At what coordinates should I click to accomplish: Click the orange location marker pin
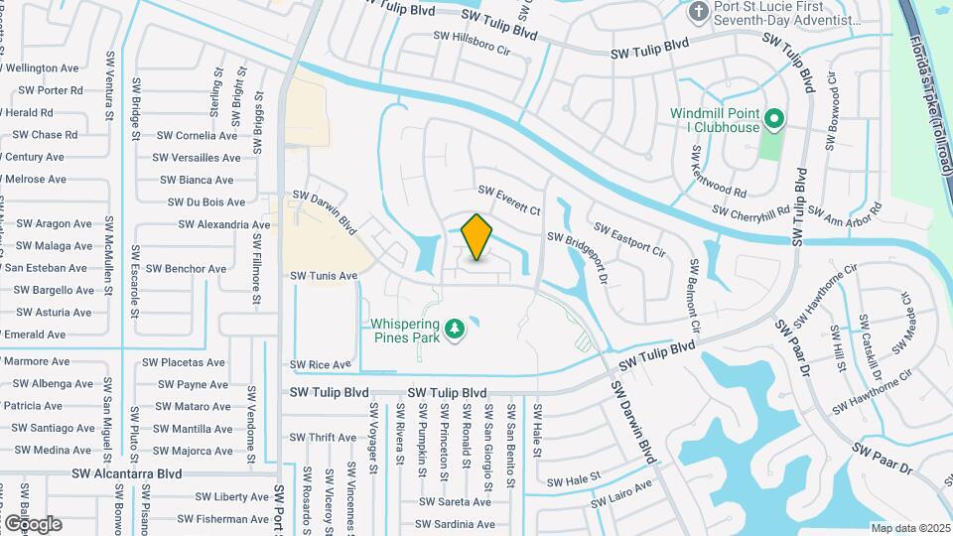tap(477, 237)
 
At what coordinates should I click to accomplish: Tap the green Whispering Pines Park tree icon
tap(455, 328)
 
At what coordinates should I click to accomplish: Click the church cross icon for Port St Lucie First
tap(699, 12)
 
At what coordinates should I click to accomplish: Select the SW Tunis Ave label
tap(323, 276)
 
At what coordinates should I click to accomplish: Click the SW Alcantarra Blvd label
tap(126, 474)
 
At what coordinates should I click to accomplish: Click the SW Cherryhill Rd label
tap(756, 211)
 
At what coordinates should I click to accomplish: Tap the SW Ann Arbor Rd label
tap(845, 210)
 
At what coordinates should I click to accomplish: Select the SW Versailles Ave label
tap(197, 158)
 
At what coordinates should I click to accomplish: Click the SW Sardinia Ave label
tap(455, 525)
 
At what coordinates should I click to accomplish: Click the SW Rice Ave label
tap(321, 365)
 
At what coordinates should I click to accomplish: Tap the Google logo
tap(32, 524)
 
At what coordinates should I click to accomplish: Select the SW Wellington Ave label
tap(43, 68)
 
